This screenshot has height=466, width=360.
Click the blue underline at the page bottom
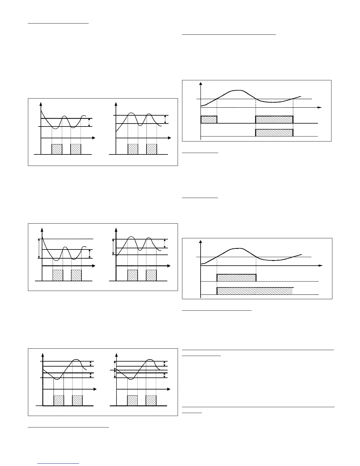59,464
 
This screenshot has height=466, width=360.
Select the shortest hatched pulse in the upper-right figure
209,119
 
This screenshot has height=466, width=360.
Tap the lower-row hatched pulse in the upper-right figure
274,133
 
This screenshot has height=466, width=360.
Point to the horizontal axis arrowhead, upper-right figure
320,108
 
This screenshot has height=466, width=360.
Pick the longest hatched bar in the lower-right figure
255,291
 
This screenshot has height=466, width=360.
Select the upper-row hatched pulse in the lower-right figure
236,278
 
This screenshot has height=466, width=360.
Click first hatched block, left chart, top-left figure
57,149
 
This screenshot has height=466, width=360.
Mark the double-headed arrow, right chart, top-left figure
165,119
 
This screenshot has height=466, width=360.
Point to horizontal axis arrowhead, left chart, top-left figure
93,138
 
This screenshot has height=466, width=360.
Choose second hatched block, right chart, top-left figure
151,149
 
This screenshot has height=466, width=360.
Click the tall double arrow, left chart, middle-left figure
39,249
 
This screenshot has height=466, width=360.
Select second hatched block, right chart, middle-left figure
151,275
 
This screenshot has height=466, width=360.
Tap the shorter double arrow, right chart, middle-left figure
164,243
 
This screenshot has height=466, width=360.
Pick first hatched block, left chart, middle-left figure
58,275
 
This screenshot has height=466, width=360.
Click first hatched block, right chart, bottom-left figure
132,401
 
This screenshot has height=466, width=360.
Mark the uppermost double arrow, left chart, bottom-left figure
91,364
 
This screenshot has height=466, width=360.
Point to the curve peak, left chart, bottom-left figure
76,360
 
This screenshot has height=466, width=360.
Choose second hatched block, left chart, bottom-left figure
77,401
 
